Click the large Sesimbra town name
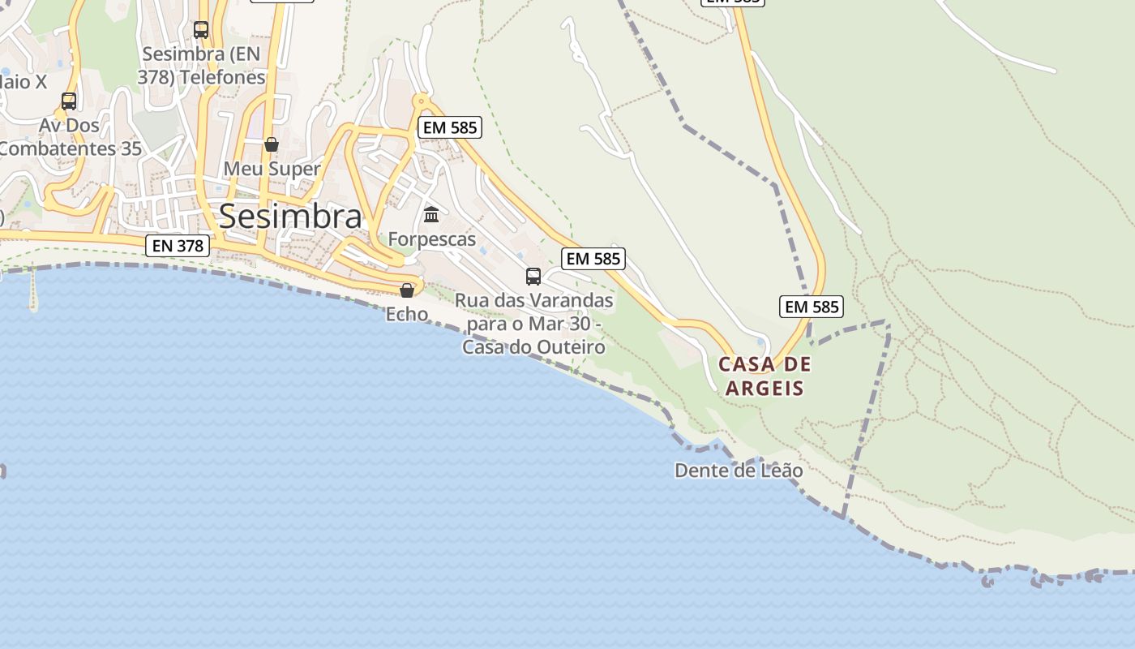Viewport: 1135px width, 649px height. [290, 217]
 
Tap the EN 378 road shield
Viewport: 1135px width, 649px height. [178, 245]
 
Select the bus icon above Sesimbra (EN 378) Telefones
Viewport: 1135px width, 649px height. [201, 30]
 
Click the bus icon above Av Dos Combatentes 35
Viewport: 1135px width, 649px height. [69, 101]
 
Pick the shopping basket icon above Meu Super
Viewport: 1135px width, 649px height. [272, 144]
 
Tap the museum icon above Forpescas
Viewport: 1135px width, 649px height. [431, 215]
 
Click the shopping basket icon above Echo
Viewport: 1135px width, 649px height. [407, 290]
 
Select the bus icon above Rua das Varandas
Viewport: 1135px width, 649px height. [533, 276]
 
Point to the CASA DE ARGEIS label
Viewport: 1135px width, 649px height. [765, 376]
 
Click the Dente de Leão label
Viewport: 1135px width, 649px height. [739, 471]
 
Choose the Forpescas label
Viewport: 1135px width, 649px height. [431, 239]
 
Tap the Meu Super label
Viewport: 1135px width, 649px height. [272, 169]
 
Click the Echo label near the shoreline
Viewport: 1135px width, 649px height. [407, 314]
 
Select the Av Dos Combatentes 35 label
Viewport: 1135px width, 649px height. [70, 137]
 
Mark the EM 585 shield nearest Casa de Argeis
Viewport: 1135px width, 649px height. [812, 307]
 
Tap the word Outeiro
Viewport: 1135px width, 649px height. [570, 347]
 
